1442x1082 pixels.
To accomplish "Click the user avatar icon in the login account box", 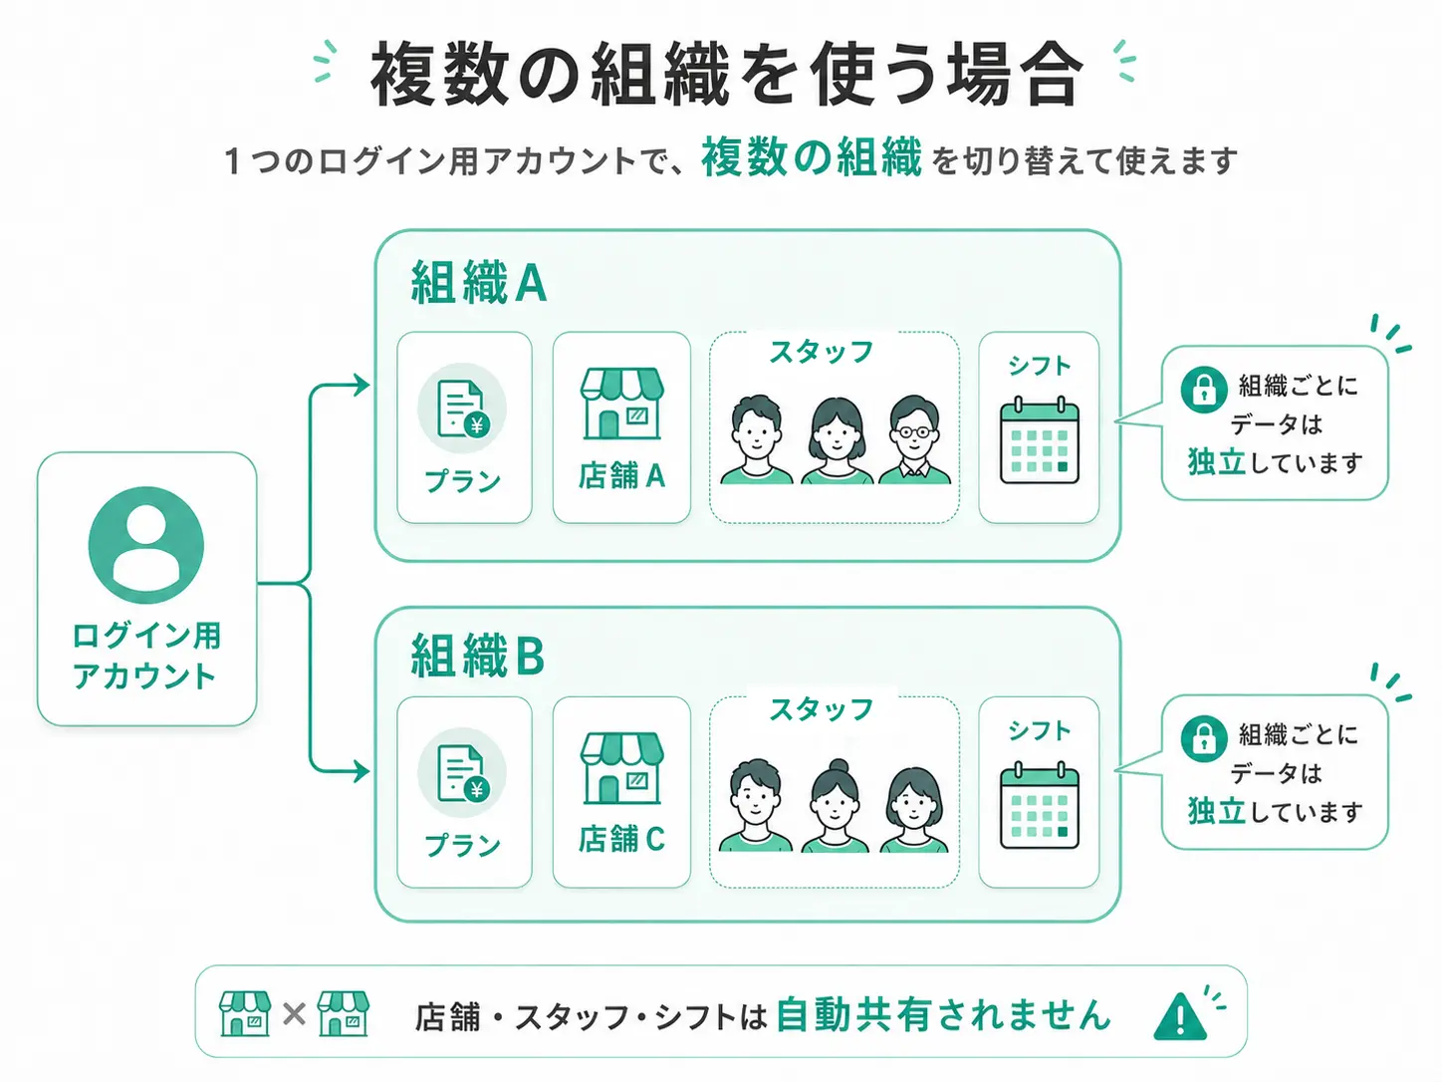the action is click(x=145, y=545).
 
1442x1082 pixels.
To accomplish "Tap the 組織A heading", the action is click(x=479, y=283).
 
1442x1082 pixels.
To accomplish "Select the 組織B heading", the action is click(x=478, y=655).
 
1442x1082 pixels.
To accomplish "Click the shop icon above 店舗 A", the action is click(x=621, y=404).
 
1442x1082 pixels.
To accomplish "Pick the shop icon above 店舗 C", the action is click(x=621, y=768).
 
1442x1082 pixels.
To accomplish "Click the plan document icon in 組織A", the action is click(x=462, y=407).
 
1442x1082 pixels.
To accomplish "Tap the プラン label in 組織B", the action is click(x=462, y=845).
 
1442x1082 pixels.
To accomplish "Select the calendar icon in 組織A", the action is click(x=1040, y=440).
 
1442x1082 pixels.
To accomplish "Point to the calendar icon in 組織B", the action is click(x=1040, y=805).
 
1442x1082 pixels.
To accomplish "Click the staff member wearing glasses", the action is click(x=914, y=438).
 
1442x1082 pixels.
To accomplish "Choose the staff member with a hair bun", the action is click(x=835, y=805).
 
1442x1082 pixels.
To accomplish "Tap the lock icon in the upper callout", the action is click(x=1204, y=390).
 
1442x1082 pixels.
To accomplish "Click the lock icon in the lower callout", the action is click(x=1204, y=738).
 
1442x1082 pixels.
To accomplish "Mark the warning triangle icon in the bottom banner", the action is click(x=1180, y=1017).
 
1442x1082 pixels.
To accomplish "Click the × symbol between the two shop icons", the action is click(x=294, y=1014).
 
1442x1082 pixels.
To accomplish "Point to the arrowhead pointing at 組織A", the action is click(x=361, y=385).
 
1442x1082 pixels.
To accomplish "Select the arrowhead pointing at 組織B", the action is click(x=361, y=771).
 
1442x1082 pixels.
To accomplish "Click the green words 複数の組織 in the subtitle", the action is click(x=812, y=158).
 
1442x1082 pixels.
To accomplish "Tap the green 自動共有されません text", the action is click(x=943, y=1015).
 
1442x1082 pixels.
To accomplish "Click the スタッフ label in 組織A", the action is click(x=822, y=352).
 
